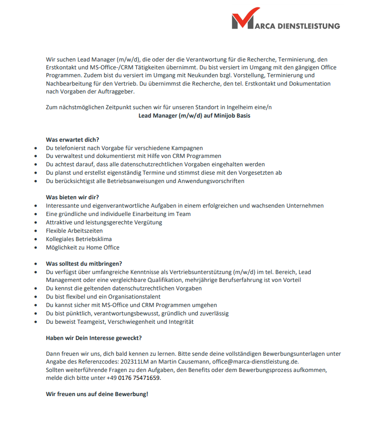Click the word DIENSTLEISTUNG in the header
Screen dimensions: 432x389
coord(308,26)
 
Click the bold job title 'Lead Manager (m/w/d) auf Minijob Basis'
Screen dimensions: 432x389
coord(195,115)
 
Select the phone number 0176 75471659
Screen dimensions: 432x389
coord(139,378)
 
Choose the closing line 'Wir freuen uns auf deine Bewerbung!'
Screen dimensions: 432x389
coord(97,395)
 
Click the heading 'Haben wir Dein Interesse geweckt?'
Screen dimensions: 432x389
coord(94,338)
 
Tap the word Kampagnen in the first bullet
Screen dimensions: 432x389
coord(187,148)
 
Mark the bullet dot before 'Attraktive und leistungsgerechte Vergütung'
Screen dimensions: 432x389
coord(36,222)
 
